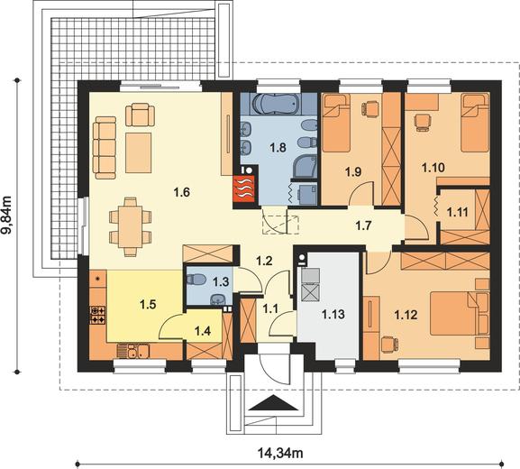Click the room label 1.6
[182, 192]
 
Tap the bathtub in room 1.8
[278, 104]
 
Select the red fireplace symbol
[243, 189]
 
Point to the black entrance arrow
[273, 402]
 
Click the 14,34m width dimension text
[280, 453]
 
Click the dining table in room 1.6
[130, 226]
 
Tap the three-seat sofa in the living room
[105, 147]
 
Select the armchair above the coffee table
[140, 115]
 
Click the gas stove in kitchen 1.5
[97, 315]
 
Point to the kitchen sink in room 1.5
[133, 351]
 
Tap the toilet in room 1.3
[194, 279]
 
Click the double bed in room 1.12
[459, 313]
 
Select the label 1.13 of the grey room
[333, 314]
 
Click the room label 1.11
[457, 212]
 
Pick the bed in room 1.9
[336, 124]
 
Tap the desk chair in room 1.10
[422, 123]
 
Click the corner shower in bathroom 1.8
[306, 166]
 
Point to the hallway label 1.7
[363, 225]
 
